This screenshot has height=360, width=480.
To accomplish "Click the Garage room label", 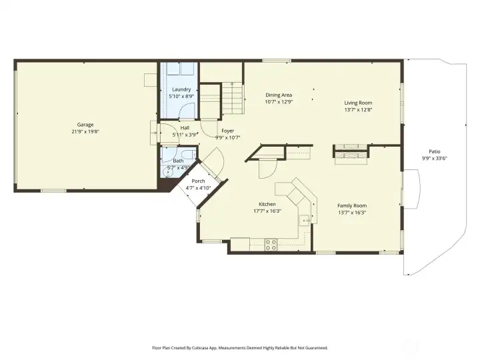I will coord(85,125).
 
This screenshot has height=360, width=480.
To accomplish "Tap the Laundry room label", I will coord(181,89).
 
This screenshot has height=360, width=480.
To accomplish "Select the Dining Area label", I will coord(279,95).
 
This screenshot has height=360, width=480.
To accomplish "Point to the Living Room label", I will coord(358,103).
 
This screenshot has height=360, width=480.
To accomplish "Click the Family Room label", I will coord(352,205).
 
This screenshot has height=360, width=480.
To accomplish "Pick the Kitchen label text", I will coord(267,204).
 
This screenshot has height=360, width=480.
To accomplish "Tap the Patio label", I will coord(435,151).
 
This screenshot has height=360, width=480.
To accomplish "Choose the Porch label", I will coord(198,181).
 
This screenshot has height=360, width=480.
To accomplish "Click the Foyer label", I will coord(227,131).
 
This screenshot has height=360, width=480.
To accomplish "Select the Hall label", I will coord(185,128).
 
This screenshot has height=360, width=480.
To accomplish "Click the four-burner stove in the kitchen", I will coord(271,244).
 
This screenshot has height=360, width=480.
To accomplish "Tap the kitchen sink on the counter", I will coord(305,219).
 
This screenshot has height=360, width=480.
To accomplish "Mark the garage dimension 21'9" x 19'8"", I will coord(85,132).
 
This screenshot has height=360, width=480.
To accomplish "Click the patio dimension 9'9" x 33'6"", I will coord(434,159).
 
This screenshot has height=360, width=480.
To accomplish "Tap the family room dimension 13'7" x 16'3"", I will coord(352,212).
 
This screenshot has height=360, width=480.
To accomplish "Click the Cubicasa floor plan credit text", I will coord(240,347).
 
